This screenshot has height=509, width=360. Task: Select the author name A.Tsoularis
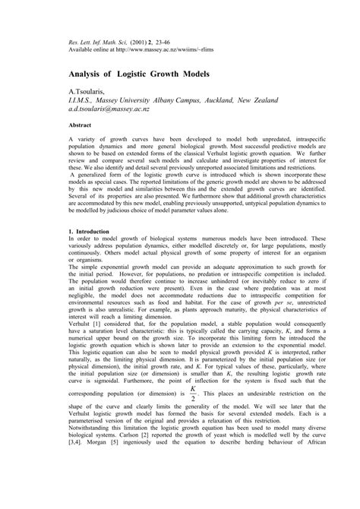[x=89, y=90]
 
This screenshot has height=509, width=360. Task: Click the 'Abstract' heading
[x=81, y=124]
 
